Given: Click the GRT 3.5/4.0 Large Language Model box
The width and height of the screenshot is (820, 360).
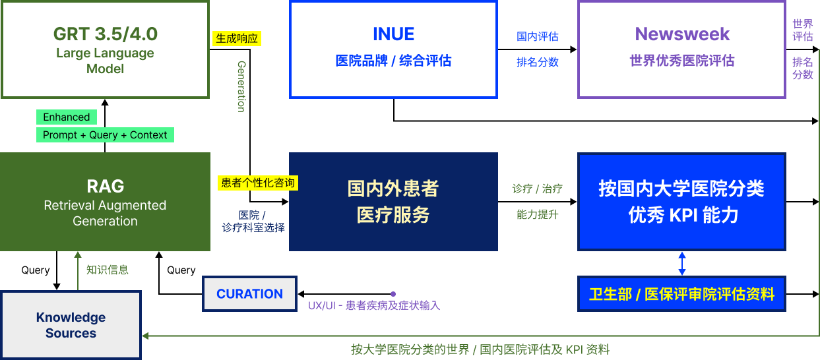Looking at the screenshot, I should [x=105, y=49].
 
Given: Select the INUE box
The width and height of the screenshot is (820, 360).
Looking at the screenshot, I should [x=393, y=49].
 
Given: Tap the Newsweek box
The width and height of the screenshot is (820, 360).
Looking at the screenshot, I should [x=681, y=49].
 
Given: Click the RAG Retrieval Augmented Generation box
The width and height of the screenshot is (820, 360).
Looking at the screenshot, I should [x=105, y=202].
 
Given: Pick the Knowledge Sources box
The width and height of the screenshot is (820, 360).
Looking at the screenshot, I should [x=71, y=325].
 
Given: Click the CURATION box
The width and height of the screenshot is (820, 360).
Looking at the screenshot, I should [x=249, y=294].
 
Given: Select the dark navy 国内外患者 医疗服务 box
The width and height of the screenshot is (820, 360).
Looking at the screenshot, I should [x=393, y=202].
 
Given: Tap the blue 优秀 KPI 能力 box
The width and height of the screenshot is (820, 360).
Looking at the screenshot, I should [x=681, y=202].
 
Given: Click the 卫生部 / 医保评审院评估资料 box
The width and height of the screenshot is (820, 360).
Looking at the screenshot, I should [x=681, y=294].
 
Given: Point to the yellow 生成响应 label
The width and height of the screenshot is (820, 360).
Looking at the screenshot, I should [x=237, y=38].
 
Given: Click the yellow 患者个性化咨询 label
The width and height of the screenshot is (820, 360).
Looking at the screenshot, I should [x=257, y=183].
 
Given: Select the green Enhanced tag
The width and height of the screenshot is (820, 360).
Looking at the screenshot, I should [x=66, y=117].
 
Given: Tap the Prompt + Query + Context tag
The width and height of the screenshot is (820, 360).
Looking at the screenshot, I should [x=105, y=135].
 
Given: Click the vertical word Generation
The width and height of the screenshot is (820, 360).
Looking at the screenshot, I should [x=241, y=86].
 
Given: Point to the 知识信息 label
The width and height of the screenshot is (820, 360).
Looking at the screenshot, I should [x=107, y=270].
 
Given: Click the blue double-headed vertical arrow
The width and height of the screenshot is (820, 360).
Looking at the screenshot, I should [x=682, y=263].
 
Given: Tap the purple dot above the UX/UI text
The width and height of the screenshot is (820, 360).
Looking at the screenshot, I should [x=393, y=294].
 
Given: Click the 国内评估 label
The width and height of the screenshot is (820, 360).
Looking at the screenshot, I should [x=537, y=37].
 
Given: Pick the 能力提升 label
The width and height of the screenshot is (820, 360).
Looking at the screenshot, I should [x=537, y=215].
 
